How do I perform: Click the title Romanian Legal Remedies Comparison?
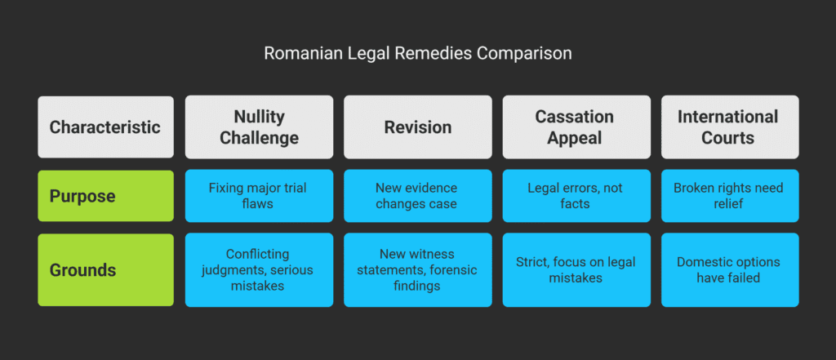pos(417,54)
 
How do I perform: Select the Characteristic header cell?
pos(105,127)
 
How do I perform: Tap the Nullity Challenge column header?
pos(259,127)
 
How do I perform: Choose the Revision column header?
pos(417,127)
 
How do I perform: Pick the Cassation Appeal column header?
pos(576,127)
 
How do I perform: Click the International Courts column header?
pos(728,127)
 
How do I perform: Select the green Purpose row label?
pos(105,196)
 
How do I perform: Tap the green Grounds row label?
pos(105,269)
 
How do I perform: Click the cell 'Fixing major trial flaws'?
pos(259,196)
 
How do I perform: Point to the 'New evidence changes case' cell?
pos(417,196)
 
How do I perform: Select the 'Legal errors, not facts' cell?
pos(576,196)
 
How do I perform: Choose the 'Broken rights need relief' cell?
pos(728,196)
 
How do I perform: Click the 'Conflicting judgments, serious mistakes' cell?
pos(259,269)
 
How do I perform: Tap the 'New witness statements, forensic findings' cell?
pos(417,269)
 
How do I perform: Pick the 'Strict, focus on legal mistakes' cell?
pos(576,269)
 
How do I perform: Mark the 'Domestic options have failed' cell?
pos(728,269)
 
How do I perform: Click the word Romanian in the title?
pos(296,54)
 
